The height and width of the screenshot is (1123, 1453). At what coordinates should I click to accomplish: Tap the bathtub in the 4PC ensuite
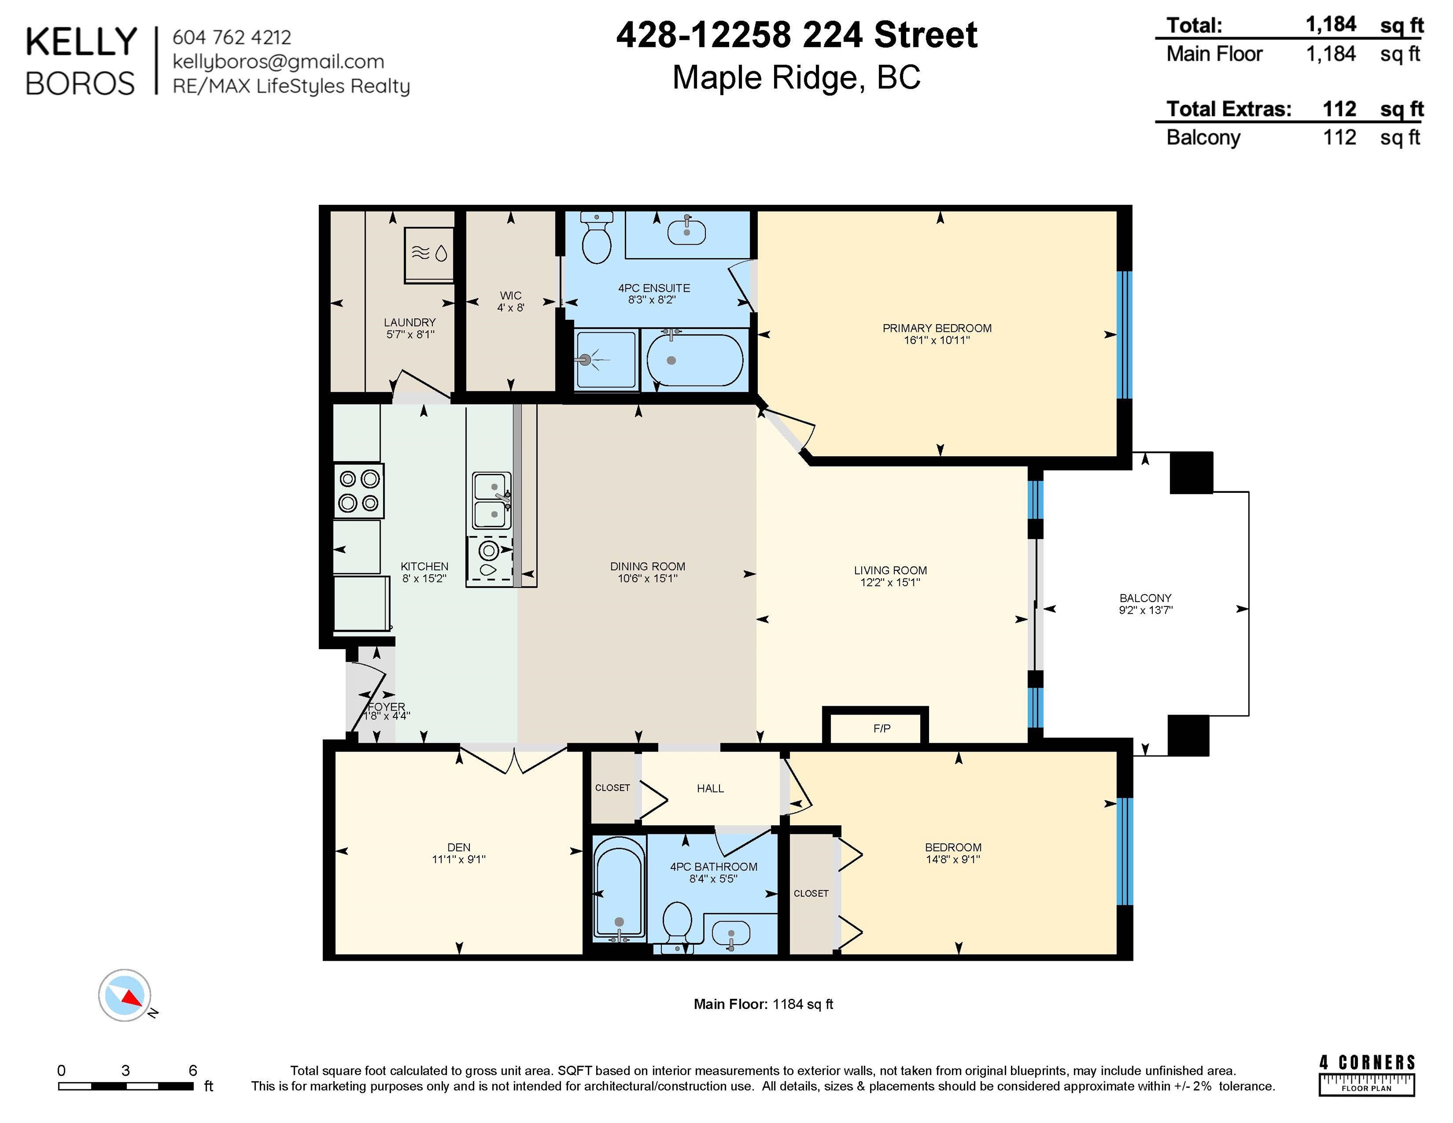pyautogui.click(x=695, y=359)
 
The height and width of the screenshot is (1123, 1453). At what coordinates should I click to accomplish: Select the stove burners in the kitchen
pyautogui.click(x=359, y=490)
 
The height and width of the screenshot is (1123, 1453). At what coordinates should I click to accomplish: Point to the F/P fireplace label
pyautogui.click(x=882, y=729)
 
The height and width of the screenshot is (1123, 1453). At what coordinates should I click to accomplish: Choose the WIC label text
pyautogui.click(x=511, y=295)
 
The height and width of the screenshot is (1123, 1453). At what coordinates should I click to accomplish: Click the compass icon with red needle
pyautogui.click(x=125, y=995)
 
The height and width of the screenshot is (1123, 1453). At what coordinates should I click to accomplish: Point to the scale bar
pyautogui.click(x=126, y=1086)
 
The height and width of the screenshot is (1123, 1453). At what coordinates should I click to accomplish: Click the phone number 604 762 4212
pyautogui.click(x=232, y=37)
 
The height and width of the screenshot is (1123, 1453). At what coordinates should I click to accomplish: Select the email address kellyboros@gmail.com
pyautogui.click(x=278, y=62)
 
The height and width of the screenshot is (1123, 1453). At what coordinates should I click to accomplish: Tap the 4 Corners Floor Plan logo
pyautogui.click(x=1367, y=1074)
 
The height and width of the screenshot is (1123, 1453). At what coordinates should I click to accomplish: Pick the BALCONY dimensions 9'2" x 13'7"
pyautogui.click(x=1145, y=609)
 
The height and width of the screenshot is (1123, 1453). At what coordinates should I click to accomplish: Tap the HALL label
pyautogui.click(x=710, y=788)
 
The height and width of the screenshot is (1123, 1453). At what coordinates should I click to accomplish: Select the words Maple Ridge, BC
pyautogui.click(x=796, y=78)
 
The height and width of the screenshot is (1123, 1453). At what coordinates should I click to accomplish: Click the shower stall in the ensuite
pyautogui.click(x=606, y=360)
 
